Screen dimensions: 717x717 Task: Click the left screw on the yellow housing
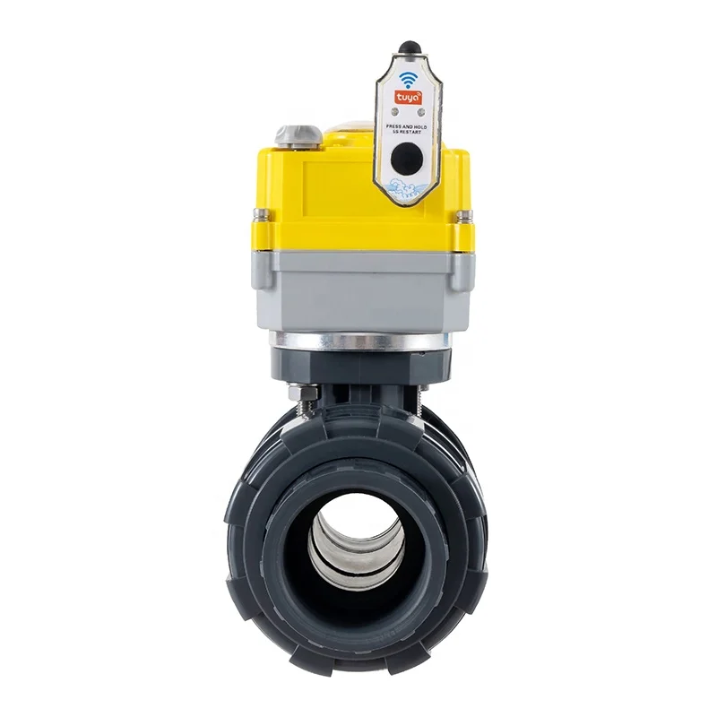pos(259,216)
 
